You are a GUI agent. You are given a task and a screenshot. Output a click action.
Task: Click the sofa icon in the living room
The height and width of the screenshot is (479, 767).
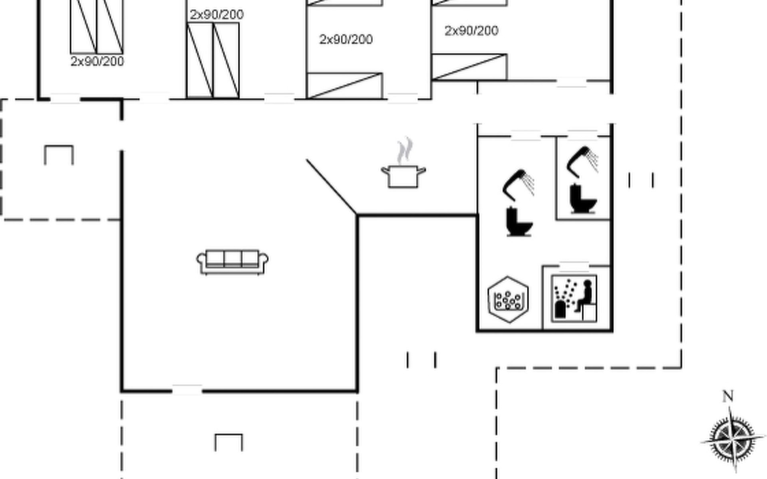232,262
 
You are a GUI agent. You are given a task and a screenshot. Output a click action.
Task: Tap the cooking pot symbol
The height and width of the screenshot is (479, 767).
403,176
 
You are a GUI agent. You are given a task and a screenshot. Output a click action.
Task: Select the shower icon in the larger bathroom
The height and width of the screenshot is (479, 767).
518,185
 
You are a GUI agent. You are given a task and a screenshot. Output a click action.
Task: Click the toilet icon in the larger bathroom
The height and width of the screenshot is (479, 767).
519,222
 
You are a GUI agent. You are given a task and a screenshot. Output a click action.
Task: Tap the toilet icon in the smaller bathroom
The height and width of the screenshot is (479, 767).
583,198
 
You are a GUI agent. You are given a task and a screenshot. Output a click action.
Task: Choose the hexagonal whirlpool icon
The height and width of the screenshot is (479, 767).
508,299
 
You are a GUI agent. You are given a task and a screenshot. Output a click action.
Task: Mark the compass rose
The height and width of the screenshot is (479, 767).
732,439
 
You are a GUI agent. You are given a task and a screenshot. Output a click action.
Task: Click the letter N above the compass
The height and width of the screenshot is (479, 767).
728,396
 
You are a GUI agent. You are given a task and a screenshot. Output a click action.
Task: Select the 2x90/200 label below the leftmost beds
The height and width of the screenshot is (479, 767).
97,61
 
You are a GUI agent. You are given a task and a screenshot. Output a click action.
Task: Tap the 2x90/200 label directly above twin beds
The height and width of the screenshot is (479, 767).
217,15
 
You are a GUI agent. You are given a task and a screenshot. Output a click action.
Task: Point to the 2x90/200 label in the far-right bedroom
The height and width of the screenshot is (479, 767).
471,31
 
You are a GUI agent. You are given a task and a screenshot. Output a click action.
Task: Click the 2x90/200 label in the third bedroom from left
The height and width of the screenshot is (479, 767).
346,39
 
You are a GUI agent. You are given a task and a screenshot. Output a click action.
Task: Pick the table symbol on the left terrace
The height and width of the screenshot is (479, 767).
59,155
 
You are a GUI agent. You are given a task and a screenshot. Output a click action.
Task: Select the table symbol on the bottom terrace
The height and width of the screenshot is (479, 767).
229,442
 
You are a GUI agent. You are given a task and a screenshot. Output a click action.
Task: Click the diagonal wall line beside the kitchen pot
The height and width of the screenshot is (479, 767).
331,186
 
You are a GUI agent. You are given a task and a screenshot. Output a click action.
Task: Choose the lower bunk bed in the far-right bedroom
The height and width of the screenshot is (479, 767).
469,67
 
